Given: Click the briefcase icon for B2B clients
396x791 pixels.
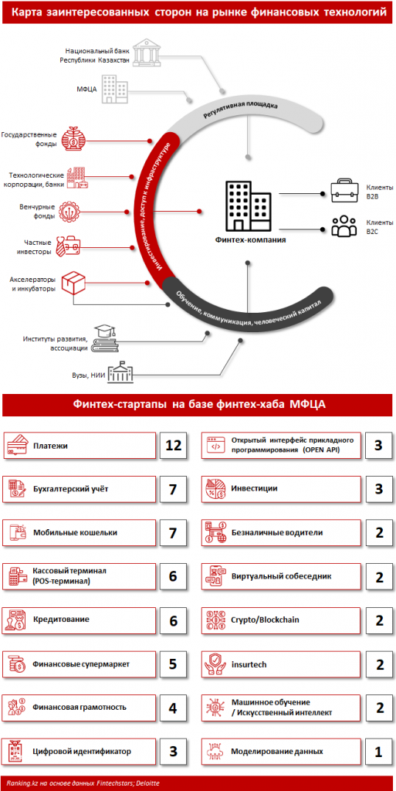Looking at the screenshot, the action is pos(344,192).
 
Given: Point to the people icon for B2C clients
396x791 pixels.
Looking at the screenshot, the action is pos(344,226).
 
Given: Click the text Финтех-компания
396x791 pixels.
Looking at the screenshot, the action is pos(249,240).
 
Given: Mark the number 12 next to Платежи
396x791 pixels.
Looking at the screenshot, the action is pos(173,446).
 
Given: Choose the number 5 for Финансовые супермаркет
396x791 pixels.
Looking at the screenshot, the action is pos(173,664).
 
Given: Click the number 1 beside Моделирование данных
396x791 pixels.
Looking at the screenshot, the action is pos(378,752).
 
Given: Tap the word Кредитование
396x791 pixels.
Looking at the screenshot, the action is pos(62,620).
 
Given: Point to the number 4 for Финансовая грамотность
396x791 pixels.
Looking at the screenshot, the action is pos(173,708).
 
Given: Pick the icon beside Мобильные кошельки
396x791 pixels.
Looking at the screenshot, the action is pos(18,533).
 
